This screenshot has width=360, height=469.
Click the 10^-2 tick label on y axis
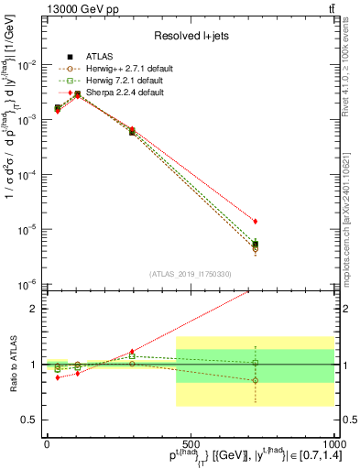click(x=27, y=65)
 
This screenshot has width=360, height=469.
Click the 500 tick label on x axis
click(x=190, y=444)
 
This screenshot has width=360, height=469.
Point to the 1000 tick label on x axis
click(x=332, y=444)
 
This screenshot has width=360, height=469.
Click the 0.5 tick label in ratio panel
click(x=31, y=420)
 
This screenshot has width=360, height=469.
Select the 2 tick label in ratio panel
click(x=35, y=309)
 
